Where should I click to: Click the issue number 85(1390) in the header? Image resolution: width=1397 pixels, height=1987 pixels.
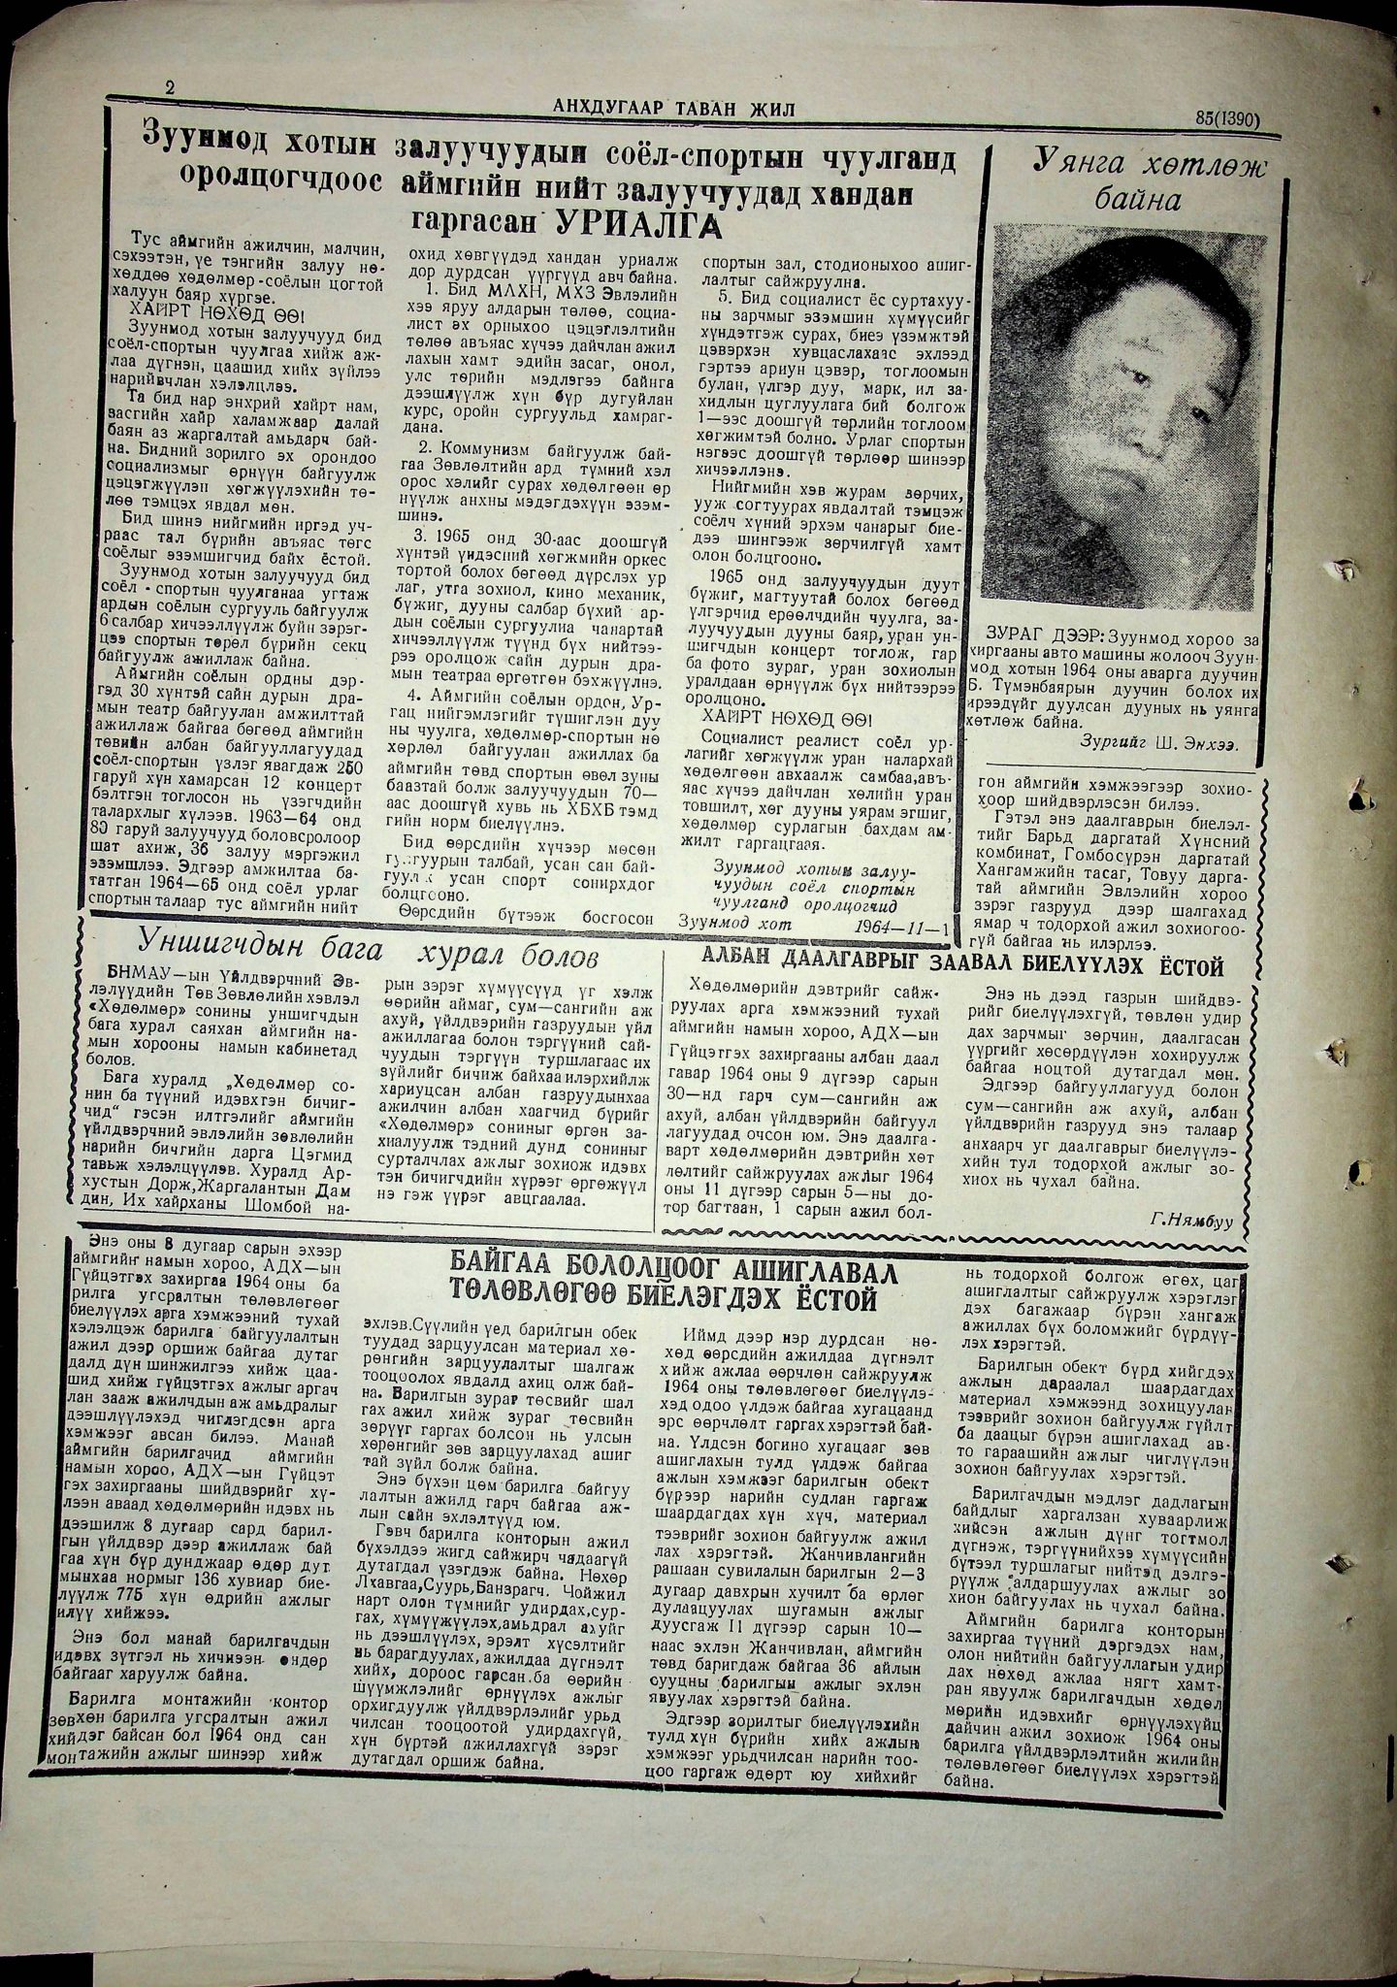point(1226,118)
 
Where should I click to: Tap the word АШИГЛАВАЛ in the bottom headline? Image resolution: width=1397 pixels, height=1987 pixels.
point(821,1271)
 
